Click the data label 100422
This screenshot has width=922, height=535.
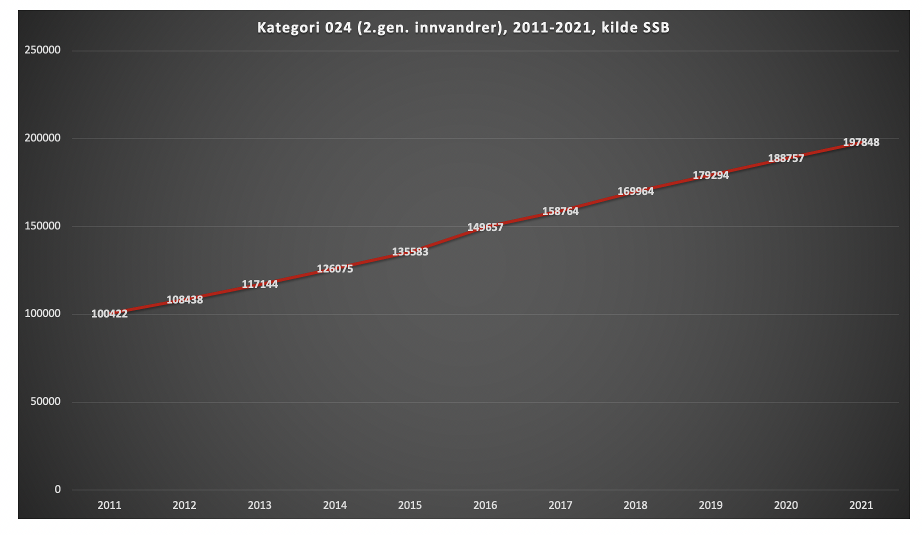tap(109, 314)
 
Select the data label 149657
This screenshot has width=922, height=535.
tap(485, 227)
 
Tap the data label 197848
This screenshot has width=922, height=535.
tap(860, 142)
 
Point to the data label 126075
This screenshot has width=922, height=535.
tap(334, 269)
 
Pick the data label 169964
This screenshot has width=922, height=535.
tap(635, 191)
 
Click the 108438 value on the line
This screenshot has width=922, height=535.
tap(184, 300)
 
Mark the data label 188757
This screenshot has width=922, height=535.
tap(785, 158)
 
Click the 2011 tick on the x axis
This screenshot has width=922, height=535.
tap(109, 505)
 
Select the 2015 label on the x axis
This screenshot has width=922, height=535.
tap(409, 505)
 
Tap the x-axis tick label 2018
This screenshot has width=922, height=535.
tap(635, 505)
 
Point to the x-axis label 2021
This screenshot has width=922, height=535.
tap(860, 505)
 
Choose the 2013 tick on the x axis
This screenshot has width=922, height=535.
tap(259, 505)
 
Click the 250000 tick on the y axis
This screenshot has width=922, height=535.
tap(42, 50)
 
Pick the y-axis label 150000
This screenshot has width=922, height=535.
tap(42, 226)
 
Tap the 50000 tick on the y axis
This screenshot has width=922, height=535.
tap(45, 401)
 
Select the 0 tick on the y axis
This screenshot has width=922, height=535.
tap(57, 489)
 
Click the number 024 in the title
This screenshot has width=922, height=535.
tap(338, 27)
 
